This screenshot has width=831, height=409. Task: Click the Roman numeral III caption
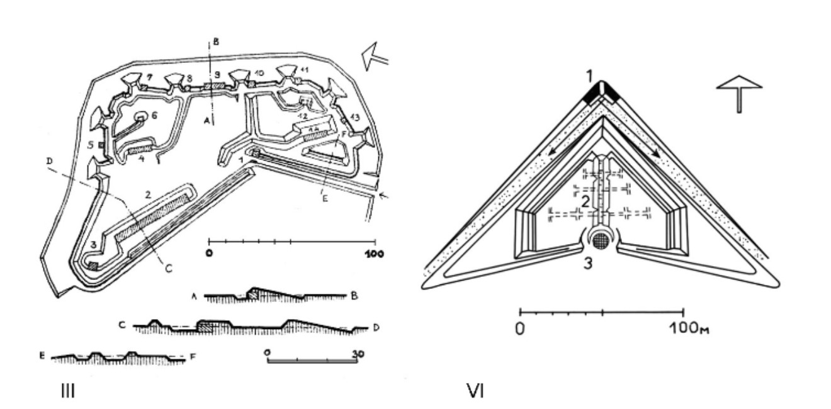pos(67,391)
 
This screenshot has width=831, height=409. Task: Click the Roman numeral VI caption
pos(475,391)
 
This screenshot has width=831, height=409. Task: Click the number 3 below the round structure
pos(588,263)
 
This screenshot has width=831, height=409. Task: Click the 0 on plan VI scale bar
pos(520,328)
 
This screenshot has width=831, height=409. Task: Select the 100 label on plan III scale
pos(375,254)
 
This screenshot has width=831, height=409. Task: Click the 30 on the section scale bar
pos(357,354)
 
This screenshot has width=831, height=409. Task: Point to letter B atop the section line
pos(216,42)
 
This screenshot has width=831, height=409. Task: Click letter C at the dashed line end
pos(168,267)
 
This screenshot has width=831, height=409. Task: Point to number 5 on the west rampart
pos(90,144)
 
